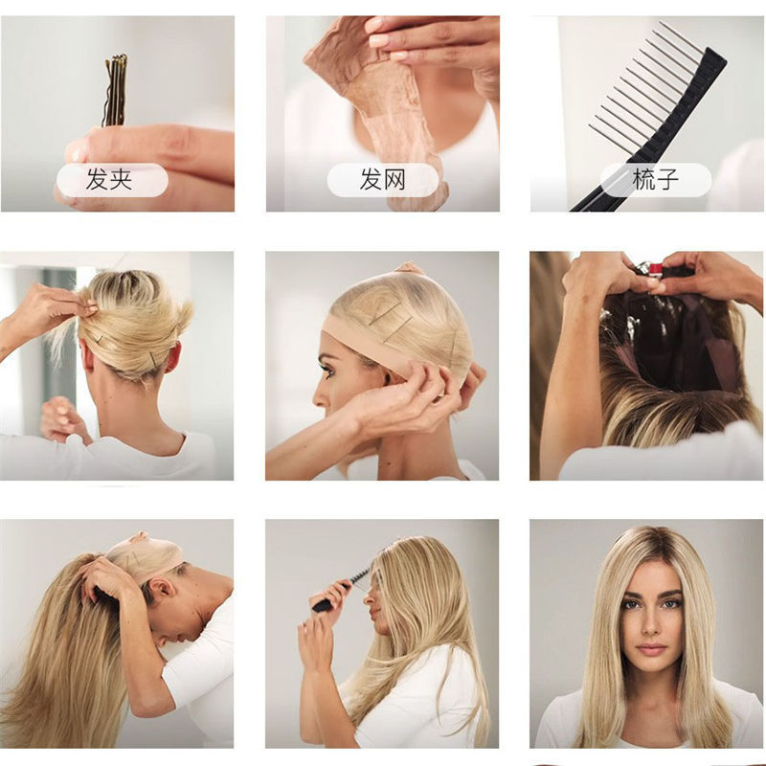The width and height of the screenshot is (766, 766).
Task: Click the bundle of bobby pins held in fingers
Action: tap(116, 91)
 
